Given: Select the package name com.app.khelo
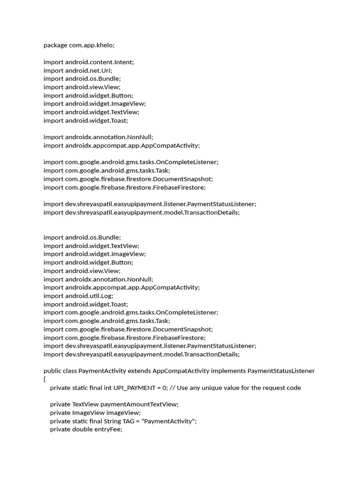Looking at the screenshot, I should pos(91,45).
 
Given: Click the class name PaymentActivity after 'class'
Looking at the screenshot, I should pos(102,371).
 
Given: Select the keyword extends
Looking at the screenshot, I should pos(139,371).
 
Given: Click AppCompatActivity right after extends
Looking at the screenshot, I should pos(181,371).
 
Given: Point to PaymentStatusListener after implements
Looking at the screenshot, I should pos(281,371).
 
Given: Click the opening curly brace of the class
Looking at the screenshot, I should pos(45,379).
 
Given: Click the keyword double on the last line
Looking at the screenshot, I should pos(82,429).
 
